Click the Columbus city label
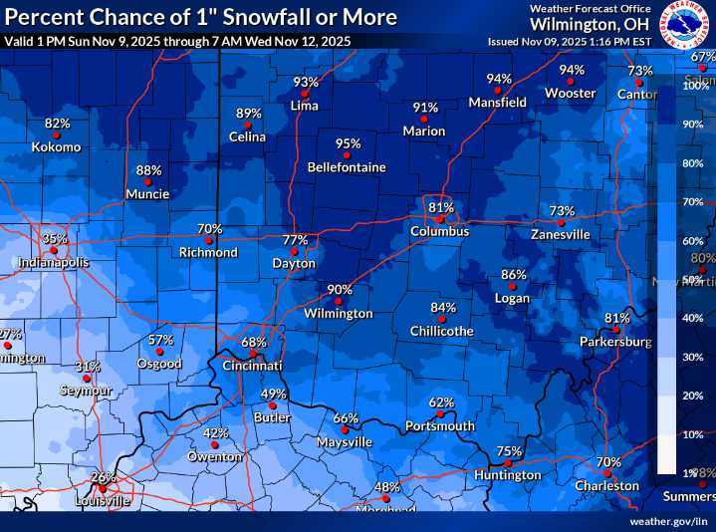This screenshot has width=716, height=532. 439,231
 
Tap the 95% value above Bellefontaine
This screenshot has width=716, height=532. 348,143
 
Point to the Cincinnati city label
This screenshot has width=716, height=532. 253,367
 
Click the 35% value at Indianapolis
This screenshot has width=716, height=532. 55,239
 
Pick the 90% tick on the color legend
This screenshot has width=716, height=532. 692,125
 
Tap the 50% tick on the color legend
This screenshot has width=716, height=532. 692,280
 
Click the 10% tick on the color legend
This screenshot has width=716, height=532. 692,435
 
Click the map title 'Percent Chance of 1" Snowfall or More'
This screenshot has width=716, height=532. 200,17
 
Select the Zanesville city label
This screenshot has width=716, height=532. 561,235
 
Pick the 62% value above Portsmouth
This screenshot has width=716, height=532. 441,402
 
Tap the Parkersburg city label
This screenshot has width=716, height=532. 615,342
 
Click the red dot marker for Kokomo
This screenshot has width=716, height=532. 57,134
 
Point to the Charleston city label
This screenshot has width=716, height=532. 606,486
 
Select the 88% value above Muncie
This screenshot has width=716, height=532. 148,170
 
